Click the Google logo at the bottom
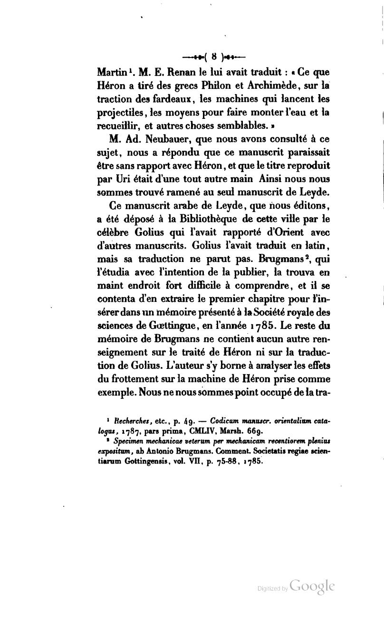click(x=311, y=586)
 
